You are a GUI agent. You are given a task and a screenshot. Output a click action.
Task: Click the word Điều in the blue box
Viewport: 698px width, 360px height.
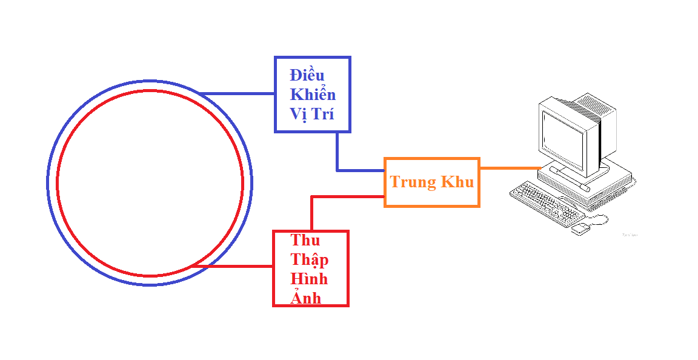pos(307,76)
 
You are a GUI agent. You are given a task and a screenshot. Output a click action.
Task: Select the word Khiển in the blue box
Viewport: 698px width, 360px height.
pos(313,95)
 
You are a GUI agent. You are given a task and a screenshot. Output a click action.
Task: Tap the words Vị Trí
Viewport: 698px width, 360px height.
pos(312,115)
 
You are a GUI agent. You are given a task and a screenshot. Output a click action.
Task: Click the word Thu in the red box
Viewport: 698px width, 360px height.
pos(305,240)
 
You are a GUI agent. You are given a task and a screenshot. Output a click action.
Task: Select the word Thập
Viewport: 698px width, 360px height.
pos(310,259)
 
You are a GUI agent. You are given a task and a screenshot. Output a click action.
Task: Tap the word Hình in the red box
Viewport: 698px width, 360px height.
pos(309,279)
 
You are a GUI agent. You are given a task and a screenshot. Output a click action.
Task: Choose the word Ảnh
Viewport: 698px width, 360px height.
pos(306,297)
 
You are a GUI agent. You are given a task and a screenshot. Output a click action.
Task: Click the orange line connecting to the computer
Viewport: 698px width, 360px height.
pos(509,168)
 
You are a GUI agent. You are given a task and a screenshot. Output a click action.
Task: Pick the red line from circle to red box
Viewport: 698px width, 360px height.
pos(233,265)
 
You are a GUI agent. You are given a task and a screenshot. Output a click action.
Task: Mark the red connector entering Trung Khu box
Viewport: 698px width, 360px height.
pos(348,196)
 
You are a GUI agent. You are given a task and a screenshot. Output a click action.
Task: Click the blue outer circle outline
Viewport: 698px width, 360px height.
pos(48,182)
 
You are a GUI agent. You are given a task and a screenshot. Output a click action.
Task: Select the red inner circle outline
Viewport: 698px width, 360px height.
pos(58,182)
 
